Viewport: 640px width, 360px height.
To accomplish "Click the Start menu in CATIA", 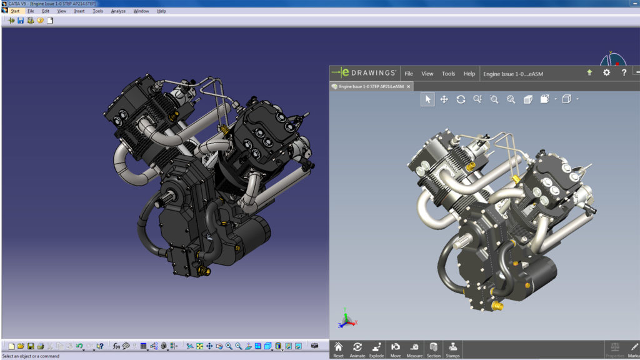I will tap(14, 11).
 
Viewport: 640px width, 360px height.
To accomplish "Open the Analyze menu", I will tap(118, 11).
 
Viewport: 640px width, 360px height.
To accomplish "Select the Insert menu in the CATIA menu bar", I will tap(79, 11).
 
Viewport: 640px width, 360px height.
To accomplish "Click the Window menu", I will tap(141, 11).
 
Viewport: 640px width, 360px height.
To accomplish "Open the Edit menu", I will tap(46, 11).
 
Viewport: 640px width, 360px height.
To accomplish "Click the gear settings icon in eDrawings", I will tap(606, 72).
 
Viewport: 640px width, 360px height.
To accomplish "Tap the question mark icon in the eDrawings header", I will tap(624, 72).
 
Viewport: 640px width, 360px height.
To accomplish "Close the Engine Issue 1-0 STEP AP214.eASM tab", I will tap(408, 87).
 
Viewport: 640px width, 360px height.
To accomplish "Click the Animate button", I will tap(357, 349).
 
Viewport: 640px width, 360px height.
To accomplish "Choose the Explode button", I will tap(376, 349).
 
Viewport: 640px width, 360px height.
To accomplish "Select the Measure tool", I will tap(414, 349).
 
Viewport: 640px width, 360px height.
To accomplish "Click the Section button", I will tap(434, 349).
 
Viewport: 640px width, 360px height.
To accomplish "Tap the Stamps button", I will tap(452, 349).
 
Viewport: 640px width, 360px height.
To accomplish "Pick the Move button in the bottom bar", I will tap(396, 349).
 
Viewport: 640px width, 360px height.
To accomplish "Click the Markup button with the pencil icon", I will tap(634, 349).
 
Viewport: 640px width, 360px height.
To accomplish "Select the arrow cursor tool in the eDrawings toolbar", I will tap(427, 99).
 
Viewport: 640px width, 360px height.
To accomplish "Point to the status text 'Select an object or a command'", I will tap(31, 356).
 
